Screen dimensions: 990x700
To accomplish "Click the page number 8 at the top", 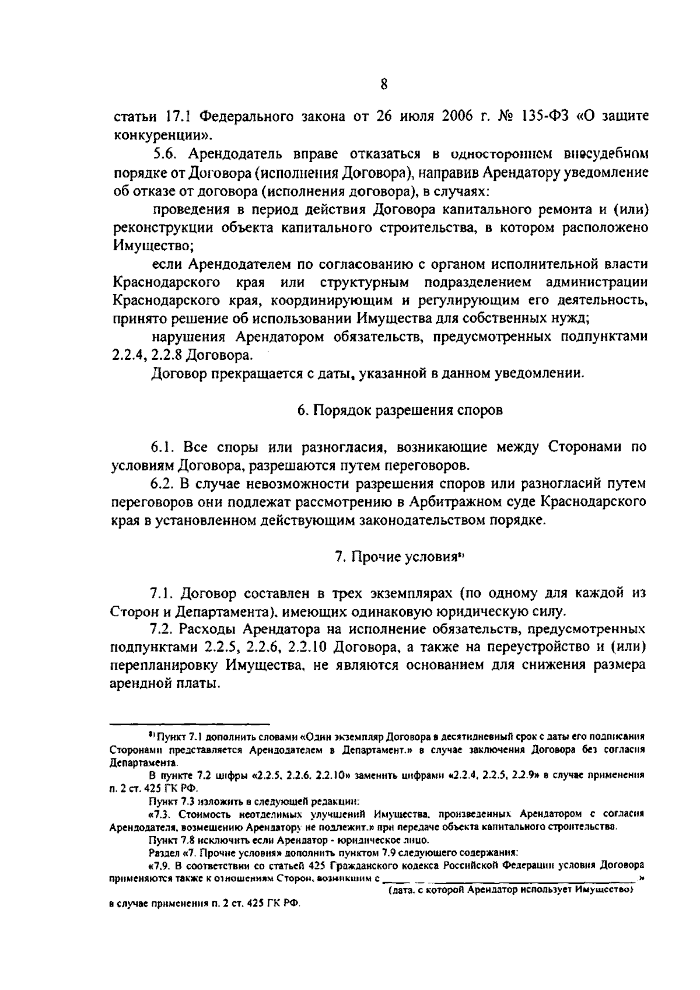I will pyautogui.click(x=384, y=84).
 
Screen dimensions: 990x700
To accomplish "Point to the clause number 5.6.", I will pyautogui.click(x=164, y=154).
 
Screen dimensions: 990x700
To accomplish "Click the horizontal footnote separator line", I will pyautogui.click(x=190, y=722).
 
